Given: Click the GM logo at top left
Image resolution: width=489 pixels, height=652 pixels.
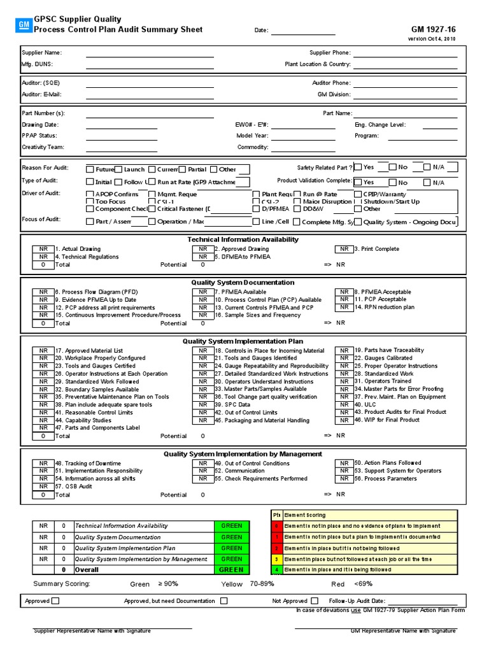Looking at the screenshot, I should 23,25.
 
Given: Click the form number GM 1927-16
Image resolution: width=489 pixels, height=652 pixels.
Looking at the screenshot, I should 434,29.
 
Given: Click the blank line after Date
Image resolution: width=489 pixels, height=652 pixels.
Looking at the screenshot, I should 303,31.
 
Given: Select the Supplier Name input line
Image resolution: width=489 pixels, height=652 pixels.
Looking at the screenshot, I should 150,53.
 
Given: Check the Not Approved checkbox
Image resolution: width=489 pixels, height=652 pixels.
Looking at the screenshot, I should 315,600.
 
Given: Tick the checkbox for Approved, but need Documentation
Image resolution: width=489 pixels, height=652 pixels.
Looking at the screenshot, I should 223,600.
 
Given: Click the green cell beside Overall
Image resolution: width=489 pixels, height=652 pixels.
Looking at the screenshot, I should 232,570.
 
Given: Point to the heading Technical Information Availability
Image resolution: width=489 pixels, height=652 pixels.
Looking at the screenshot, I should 243,239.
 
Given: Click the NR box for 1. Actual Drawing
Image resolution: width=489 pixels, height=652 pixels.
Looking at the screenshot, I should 43,249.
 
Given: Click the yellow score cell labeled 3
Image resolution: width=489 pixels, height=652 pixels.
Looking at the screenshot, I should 276,559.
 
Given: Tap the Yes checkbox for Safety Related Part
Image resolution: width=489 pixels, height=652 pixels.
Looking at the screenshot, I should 358,167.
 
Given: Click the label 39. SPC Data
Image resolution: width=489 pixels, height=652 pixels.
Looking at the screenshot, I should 232,404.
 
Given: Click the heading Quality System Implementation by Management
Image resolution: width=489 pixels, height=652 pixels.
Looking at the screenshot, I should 243,454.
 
